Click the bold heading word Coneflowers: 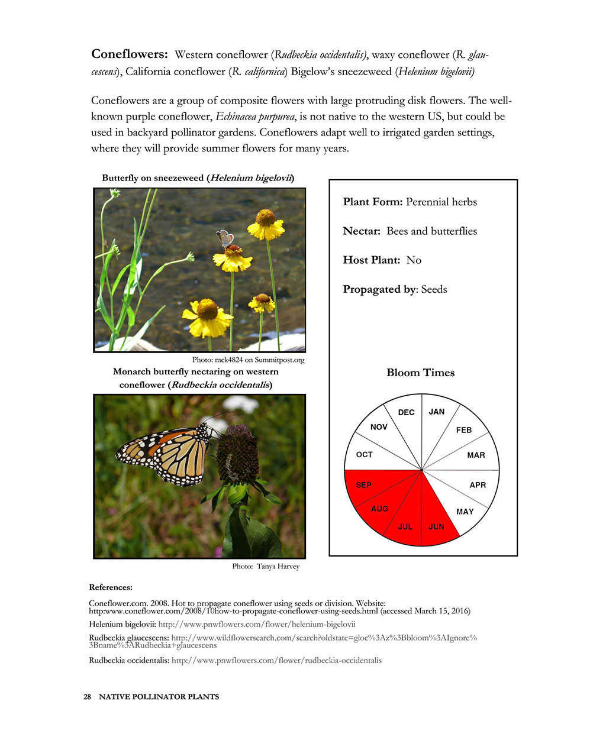(x=130, y=54)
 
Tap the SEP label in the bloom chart (x=363, y=485)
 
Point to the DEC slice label (x=406, y=412)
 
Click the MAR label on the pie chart (x=476, y=455)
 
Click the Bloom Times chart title (x=420, y=373)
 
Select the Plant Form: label (x=373, y=202)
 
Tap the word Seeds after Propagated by (x=434, y=289)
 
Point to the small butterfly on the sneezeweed (x=224, y=238)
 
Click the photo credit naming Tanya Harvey (x=266, y=567)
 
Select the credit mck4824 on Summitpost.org (x=248, y=360)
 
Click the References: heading (x=111, y=587)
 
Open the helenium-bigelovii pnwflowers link (x=257, y=624)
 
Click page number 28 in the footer (x=87, y=697)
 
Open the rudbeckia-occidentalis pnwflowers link (x=276, y=660)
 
